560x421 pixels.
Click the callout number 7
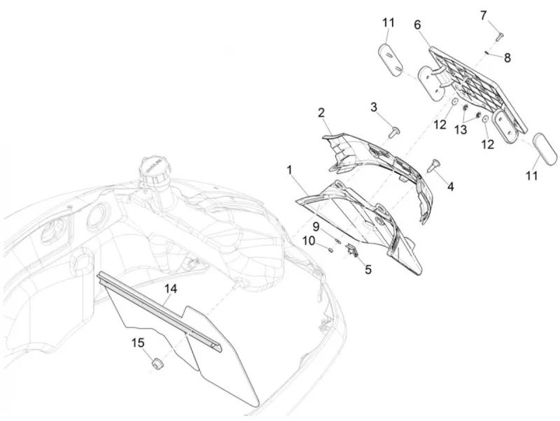(483, 16)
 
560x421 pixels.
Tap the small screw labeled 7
(500, 36)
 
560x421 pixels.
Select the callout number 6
(417, 25)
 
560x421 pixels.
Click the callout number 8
(507, 58)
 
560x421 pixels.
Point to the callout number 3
(374, 107)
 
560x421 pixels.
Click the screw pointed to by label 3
(395, 131)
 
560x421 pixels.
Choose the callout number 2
(321, 113)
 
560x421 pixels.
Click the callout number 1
(289, 170)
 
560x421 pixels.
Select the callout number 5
(368, 269)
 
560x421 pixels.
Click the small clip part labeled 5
(353, 250)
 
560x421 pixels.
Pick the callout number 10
(309, 241)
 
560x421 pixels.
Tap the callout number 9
(317, 226)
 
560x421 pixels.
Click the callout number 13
(461, 130)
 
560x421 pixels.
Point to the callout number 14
(171, 289)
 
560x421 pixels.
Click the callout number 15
(138, 343)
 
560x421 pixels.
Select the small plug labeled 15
(156, 365)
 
